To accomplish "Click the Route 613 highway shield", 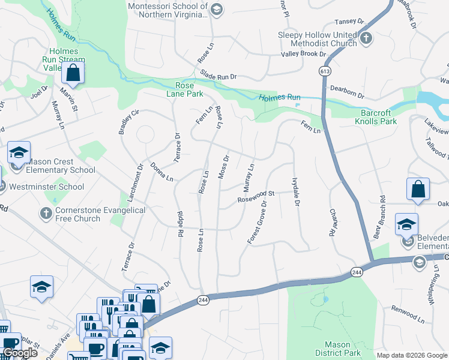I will coord(325,71).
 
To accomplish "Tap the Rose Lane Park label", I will coord(185,89).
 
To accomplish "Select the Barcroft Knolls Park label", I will coord(387,117).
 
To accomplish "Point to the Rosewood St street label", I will coord(256,196).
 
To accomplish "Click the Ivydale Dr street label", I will coord(295,192).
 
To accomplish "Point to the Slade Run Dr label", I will coord(218,77).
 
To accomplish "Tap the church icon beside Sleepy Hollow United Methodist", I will coord(366,38).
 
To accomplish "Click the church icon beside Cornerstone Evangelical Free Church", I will coord(46,213).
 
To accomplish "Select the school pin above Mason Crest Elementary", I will coord(19,152).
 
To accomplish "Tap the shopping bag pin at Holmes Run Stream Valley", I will coord(73,73).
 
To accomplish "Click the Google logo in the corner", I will coord(20,353).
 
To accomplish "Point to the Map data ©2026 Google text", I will coord(411,355).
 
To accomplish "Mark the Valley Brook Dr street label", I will coord(303,54).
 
